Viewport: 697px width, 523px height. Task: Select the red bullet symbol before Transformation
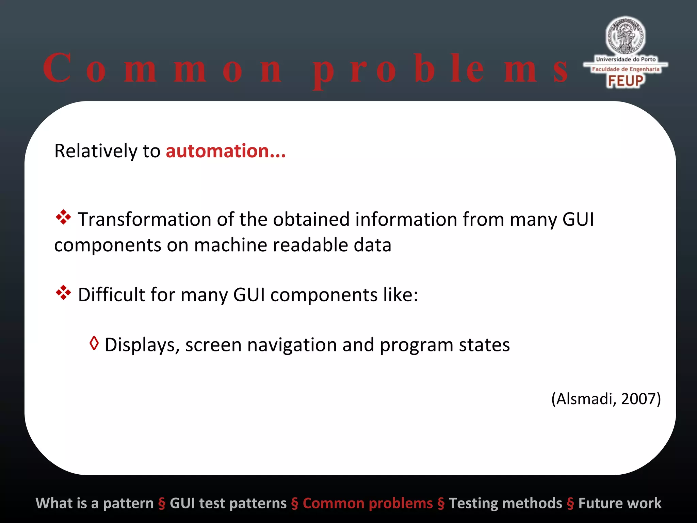pyautogui.click(x=63, y=218)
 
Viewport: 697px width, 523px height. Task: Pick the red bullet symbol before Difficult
pyautogui.click(x=63, y=293)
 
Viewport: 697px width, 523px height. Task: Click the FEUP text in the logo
pyautogui.click(x=626, y=81)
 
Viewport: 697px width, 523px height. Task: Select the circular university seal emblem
pyautogui.click(x=625, y=36)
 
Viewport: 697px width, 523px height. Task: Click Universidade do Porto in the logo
pyautogui.click(x=626, y=59)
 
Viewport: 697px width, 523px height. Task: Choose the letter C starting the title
pyautogui.click(x=57, y=68)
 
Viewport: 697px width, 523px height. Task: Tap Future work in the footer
pyautogui.click(x=620, y=503)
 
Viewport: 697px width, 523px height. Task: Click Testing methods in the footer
pyautogui.click(x=505, y=503)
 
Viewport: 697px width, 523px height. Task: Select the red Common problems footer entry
pyautogui.click(x=368, y=503)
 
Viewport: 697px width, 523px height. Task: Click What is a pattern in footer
pyautogui.click(x=95, y=503)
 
